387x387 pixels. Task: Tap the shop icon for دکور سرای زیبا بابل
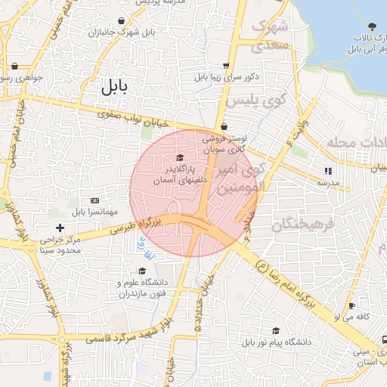[x=227, y=66]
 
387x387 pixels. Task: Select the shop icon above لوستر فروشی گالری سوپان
[x=223, y=127]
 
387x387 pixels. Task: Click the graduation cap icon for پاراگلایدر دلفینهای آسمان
[x=179, y=157]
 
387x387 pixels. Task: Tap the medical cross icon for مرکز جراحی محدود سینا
[x=60, y=228]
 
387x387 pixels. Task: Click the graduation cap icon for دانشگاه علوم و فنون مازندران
[x=141, y=271]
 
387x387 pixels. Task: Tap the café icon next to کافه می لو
[x=349, y=306]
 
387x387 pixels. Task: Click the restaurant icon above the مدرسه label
[x=327, y=171]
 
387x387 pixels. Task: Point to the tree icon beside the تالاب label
[x=370, y=26]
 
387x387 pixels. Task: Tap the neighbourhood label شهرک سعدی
[x=270, y=36]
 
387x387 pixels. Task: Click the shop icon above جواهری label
[x=14, y=66]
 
